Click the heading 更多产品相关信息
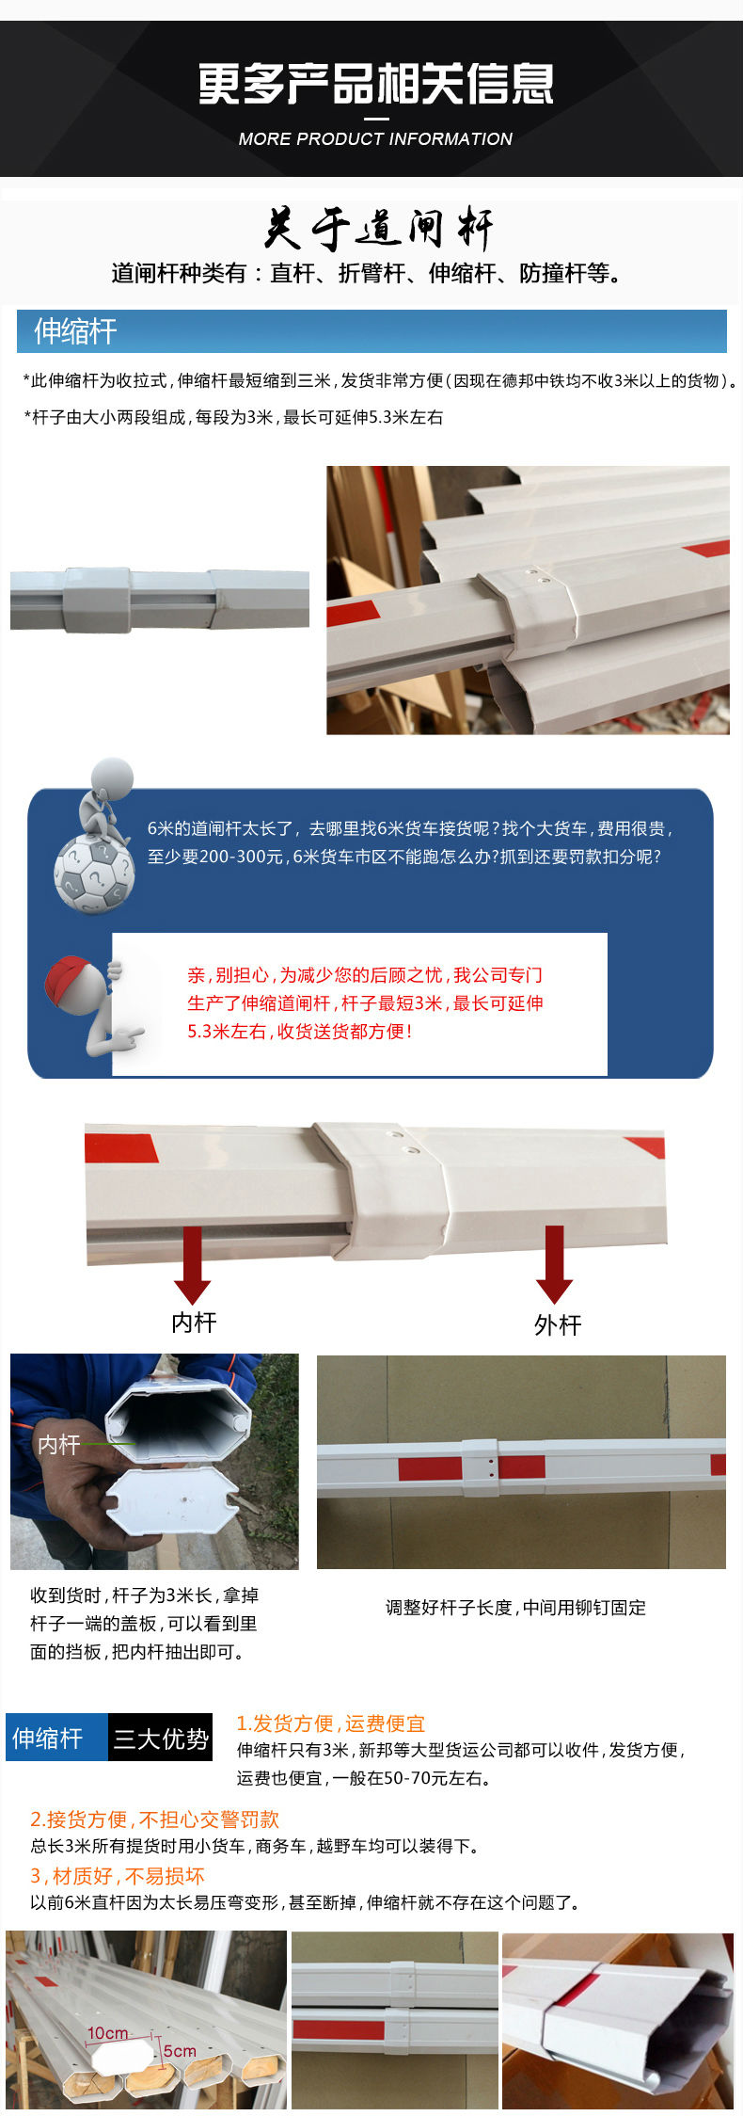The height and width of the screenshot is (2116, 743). [375, 84]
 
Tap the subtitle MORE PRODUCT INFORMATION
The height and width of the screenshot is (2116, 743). [375, 138]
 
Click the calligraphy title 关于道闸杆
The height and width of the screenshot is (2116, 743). [378, 229]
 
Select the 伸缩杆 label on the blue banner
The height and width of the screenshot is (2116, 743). [75, 330]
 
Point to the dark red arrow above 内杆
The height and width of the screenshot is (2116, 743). [192, 1264]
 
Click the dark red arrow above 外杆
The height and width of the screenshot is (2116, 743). [554, 1264]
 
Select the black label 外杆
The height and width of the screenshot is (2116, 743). [558, 1324]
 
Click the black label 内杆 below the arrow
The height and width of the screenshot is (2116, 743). [194, 1322]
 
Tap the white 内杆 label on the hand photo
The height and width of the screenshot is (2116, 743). [57, 1443]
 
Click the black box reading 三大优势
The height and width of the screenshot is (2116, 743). [160, 1738]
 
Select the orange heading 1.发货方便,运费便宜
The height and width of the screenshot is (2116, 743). [331, 1723]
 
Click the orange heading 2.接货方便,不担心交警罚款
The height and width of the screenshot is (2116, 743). [155, 1819]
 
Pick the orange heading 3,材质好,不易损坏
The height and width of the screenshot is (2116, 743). [118, 1876]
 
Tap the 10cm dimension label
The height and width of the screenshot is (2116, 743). [107, 2033]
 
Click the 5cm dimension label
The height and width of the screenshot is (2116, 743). [180, 2050]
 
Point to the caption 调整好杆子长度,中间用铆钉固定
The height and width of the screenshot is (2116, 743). [515, 1608]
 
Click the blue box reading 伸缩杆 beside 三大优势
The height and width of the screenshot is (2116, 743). [56, 1738]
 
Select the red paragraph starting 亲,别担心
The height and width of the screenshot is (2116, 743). [365, 1003]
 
